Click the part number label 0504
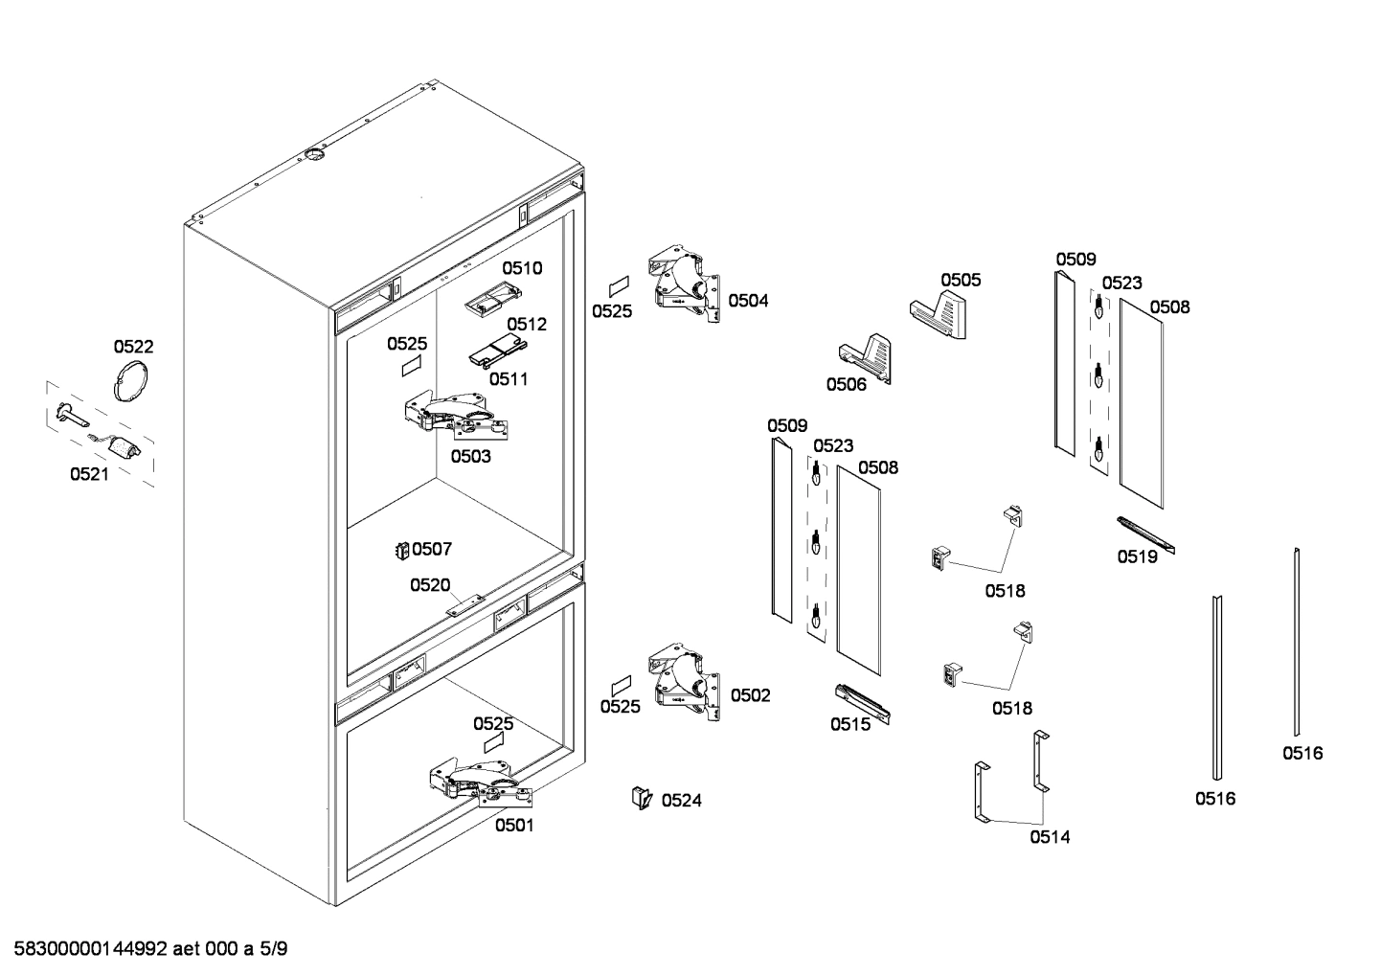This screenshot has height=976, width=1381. tap(748, 301)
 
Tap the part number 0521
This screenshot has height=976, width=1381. tap(89, 473)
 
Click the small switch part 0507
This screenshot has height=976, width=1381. tap(403, 550)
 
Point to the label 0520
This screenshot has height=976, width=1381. tap(430, 584)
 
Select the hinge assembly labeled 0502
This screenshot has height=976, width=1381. tap(685, 682)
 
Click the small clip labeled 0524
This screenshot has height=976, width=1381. tap(640, 797)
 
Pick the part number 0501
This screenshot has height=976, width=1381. tap(514, 825)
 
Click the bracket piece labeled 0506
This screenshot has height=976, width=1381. tap(866, 355)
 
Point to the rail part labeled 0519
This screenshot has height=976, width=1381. tap(1143, 534)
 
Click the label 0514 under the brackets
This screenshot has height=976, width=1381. tap(1050, 837)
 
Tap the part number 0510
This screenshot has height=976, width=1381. tap(522, 268)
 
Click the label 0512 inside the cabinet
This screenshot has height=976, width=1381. tap(527, 324)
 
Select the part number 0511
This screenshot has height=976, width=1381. tap(509, 378)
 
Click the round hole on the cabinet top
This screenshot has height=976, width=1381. tap(314, 155)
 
